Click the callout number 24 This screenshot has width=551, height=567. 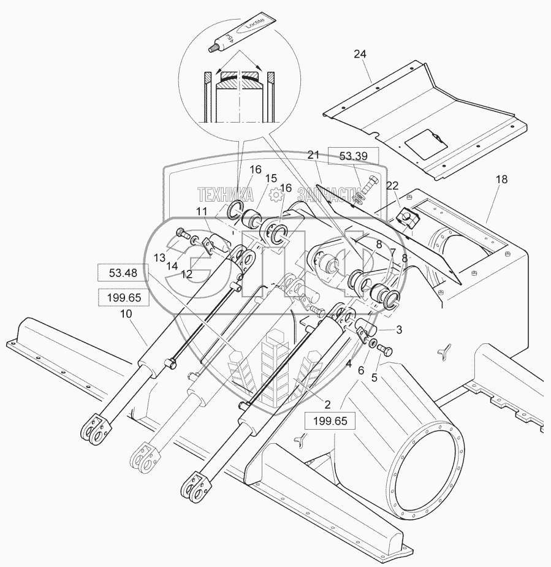coord(360,55)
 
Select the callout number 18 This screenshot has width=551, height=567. coord(502,180)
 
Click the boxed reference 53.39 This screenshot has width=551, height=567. coord(354,156)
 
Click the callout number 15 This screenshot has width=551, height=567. coord(271,178)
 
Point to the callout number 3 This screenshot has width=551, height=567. coord(398,330)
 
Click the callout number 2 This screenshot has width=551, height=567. coord(327,404)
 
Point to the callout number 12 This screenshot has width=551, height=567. coord(186,275)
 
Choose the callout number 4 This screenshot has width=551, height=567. coord(348,363)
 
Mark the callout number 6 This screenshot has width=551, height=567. coord(361,370)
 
